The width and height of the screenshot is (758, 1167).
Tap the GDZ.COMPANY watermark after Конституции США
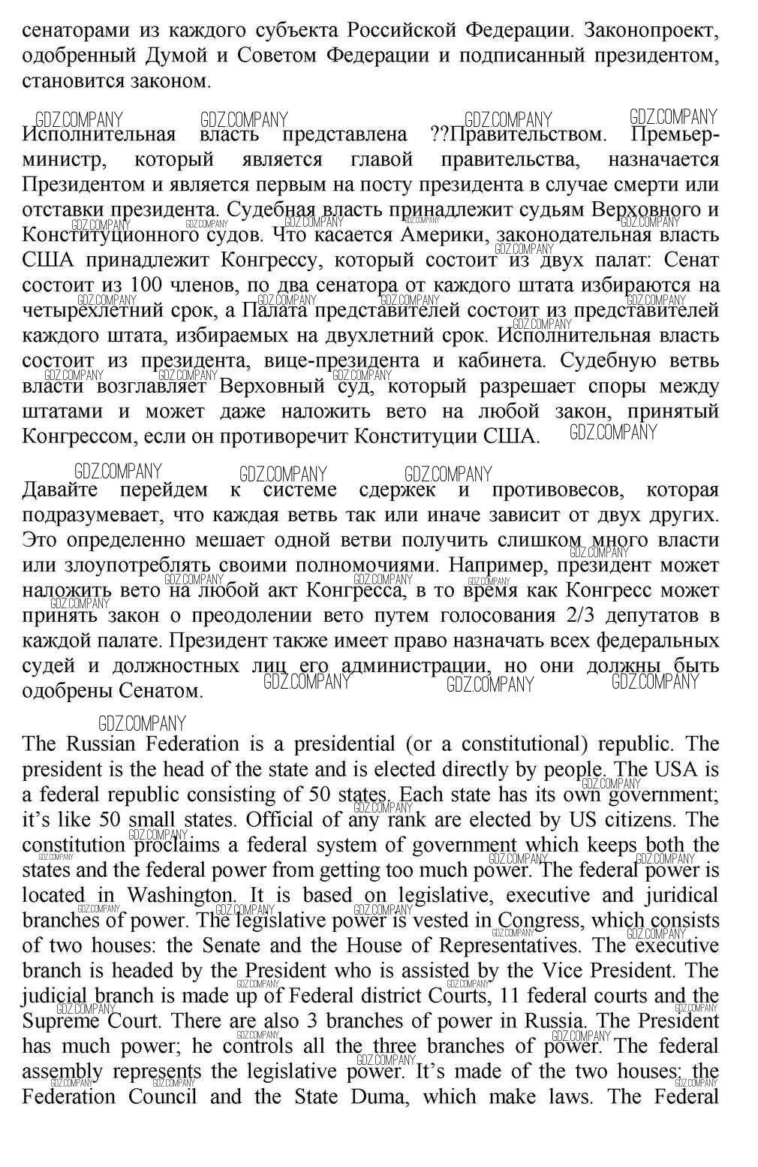coord(613,433)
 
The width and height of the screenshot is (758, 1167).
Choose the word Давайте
coord(60,490)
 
